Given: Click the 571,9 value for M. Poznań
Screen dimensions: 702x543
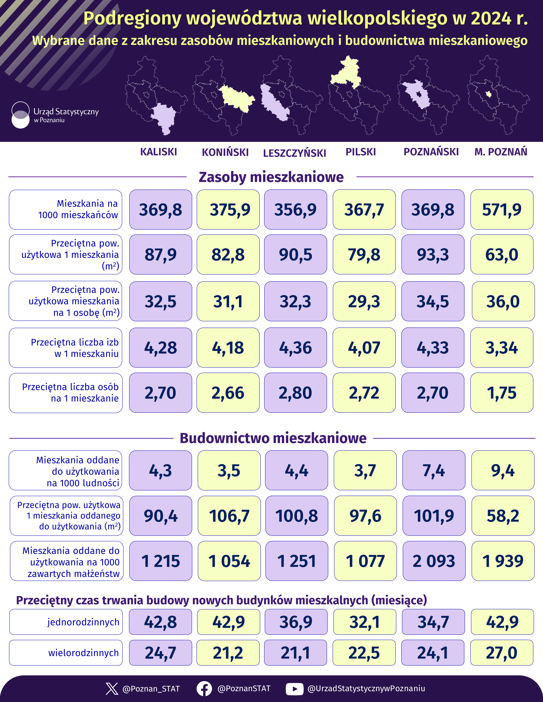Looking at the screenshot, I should pos(502,210).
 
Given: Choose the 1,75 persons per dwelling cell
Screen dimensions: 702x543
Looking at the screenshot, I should pos(502,393).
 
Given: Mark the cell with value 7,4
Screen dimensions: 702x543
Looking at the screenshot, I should pos(434,471).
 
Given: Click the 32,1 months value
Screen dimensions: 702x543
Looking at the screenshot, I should pos(365,622).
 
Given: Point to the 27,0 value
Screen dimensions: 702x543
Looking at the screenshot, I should pos(502,653).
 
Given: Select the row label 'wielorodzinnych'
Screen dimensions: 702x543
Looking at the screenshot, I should pos(83,653).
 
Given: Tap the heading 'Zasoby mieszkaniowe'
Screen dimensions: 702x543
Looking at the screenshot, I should pos(271,177).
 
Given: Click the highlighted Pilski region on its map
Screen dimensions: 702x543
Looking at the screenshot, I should pos(347,72).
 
